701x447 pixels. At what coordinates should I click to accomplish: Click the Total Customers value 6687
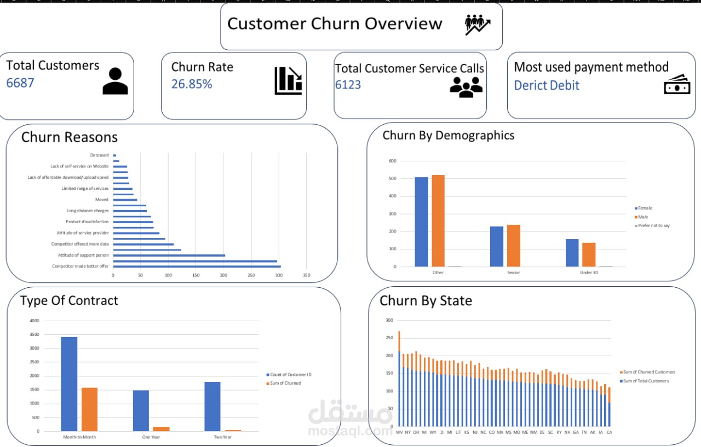[x=20, y=83]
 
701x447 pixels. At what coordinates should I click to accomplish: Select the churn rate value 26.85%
[x=192, y=84]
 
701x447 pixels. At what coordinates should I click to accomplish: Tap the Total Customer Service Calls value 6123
[x=348, y=85]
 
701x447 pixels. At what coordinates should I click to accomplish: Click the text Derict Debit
[x=547, y=85]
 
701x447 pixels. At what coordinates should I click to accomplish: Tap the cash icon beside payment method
[x=677, y=85]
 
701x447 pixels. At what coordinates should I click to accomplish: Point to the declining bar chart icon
[x=288, y=80]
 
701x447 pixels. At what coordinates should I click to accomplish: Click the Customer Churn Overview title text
[x=335, y=24]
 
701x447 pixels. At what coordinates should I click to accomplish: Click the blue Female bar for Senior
[x=496, y=246]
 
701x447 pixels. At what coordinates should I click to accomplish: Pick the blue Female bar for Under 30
[x=572, y=253]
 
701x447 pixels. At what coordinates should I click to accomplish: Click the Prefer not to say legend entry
[x=653, y=225]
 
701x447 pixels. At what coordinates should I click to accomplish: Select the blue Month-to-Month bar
[x=69, y=384]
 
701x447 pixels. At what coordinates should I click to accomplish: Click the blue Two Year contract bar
[x=212, y=406]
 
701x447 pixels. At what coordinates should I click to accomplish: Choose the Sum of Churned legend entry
[x=285, y=383]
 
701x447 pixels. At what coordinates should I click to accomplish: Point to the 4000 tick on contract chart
[x=34, y=321]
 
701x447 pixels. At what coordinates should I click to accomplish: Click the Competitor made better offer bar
[x=197, y=266]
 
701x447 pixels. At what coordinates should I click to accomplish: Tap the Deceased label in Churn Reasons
[x=99, y=155]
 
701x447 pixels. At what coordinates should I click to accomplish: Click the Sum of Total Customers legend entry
[x=646, y=381]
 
